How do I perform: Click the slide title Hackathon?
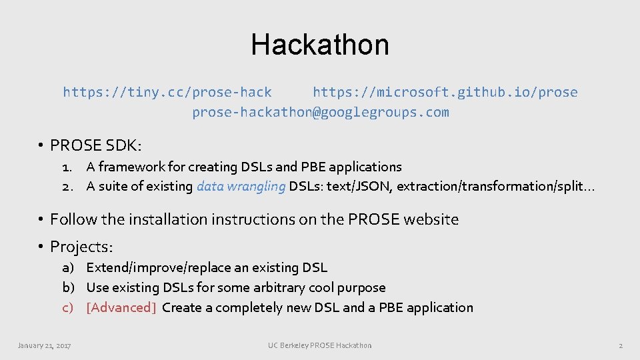(x=320, y=45)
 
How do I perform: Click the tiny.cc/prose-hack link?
(x=167, y=92)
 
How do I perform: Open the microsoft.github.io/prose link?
(x=445, y=92)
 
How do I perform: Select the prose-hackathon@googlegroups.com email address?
(x=320, y=112)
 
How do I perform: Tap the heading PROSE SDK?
(x=96, y=145)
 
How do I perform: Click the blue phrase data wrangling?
(x=241, y=187)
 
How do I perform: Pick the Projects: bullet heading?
(x=82, y=247)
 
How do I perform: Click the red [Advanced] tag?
(x=121, y=307)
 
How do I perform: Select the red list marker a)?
(x=68, y=267)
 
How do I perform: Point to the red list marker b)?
(x=68, y=287)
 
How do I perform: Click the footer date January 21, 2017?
(x=45, y=345)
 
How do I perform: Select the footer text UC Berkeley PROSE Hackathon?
(x=320, y=345)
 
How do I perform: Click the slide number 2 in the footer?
(x=620, y=345)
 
